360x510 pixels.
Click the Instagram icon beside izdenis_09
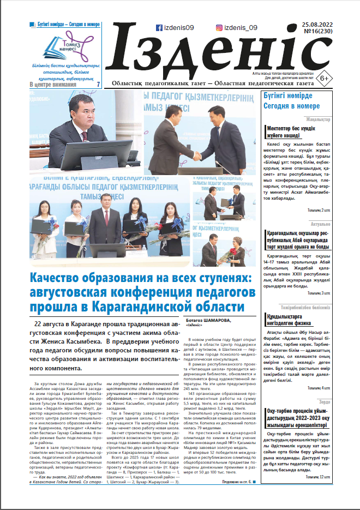[x=219, y=27]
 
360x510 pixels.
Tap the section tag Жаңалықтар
[x=318, y=119]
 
